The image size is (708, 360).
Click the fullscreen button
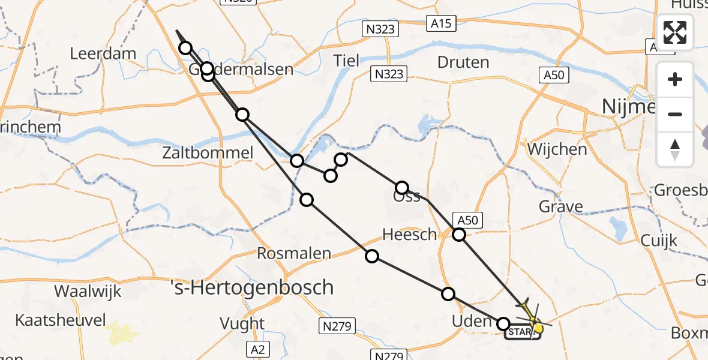676,32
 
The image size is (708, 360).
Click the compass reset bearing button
676,149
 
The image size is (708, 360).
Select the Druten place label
463,62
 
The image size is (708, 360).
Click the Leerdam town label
103,53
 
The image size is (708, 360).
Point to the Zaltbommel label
208,153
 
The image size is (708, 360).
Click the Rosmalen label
294,253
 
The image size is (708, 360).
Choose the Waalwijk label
88,292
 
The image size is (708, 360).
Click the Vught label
242,323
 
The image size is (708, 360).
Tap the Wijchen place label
557,149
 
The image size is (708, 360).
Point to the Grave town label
561,207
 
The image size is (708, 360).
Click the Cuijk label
659,241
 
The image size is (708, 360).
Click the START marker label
520,331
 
